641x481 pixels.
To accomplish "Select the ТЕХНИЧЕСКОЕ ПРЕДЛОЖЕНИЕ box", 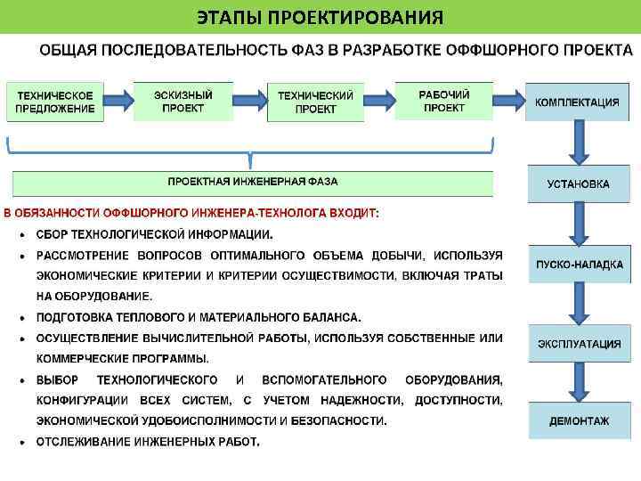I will pyautogui.click(x=54, y=102).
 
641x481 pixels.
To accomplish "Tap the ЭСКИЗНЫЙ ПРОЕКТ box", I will pyautogui.click(x=183, y=102).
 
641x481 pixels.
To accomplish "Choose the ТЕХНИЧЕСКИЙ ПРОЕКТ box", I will pyautogui.click(x=315, y=102).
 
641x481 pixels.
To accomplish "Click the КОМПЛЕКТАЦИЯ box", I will pyautogui.click(x=577, y=102).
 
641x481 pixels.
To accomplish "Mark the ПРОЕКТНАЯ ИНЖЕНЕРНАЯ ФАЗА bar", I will pyautogui.click(x=253, y=183).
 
